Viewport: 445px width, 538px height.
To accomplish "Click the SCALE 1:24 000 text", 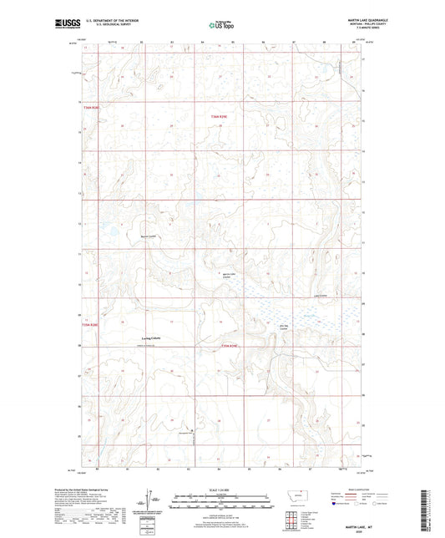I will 222,489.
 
